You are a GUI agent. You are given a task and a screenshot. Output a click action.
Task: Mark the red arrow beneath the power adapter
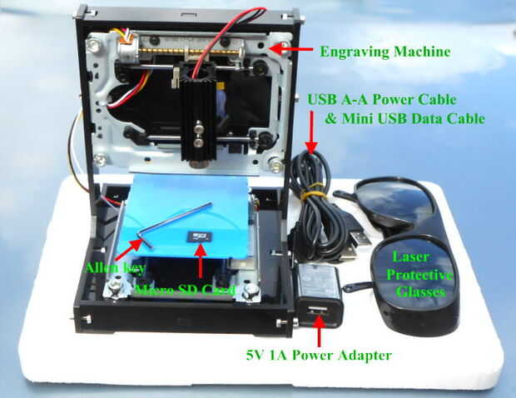tap(320, 336)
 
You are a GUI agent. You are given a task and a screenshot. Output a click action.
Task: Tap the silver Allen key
tap(170, 225)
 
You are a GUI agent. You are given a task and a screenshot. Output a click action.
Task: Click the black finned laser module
tap(201, 117)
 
